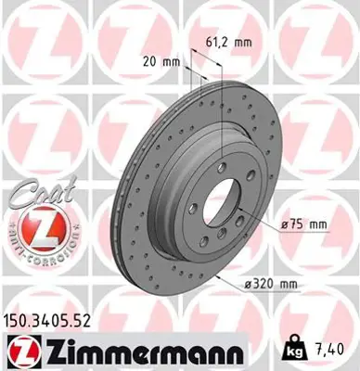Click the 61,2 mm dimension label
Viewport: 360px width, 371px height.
point(227,42)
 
